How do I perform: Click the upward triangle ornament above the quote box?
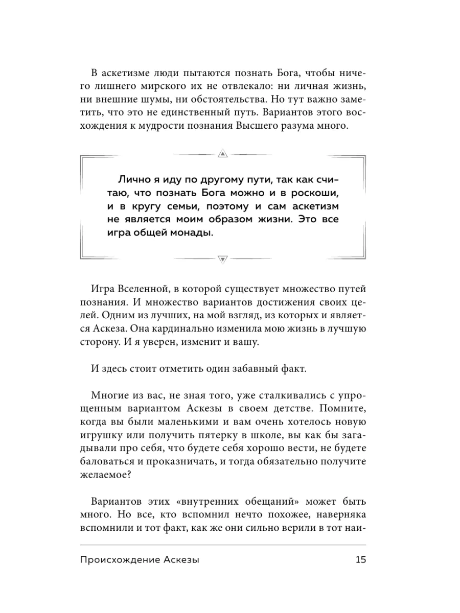(222, 153)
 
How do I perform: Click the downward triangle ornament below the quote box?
(222, 258)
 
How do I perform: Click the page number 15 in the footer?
(361, 560)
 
